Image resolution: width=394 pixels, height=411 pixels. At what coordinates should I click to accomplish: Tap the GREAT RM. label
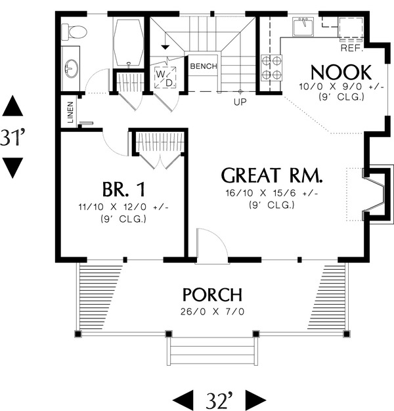[x=271, y=176]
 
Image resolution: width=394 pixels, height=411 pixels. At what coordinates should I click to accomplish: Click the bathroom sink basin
[x=72, y=68]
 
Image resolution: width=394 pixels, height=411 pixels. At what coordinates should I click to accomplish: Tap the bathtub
[x=128, y=42]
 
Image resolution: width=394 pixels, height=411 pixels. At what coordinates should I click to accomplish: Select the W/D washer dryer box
[x=165, y=77]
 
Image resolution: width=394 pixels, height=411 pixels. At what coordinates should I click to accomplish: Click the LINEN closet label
[x=70, y=112]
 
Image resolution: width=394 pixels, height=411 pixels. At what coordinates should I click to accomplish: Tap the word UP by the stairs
[x=240, y=102]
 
